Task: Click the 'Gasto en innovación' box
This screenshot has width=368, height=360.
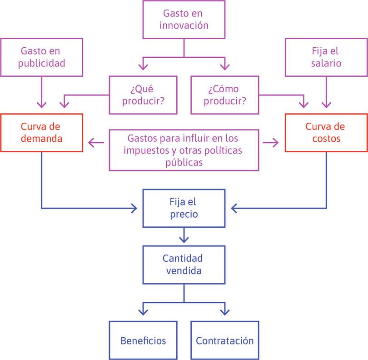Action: coord(184,19)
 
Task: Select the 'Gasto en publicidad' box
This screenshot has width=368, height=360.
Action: coord(41,57)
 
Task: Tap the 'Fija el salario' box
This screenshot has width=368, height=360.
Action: coord(326,57)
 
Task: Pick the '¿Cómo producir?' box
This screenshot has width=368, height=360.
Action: coord(224,95)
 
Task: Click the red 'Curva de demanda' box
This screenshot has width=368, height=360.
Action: coord(41,132)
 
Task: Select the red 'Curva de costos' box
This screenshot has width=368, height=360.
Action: coord(326,132)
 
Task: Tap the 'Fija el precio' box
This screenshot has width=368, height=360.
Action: coord(184,208)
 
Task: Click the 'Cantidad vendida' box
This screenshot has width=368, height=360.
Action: coord(184,265)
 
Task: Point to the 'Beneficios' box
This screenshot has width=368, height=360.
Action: coord(143,340)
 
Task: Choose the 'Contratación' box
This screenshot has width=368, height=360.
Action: coord(224,340)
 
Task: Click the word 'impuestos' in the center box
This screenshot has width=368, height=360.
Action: coord(144,150)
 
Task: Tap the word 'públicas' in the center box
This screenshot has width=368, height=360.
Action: coord(184,162)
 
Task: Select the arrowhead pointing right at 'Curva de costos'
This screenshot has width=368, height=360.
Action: coord(276,143)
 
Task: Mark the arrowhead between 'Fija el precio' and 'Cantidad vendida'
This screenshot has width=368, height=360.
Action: coord(184,239)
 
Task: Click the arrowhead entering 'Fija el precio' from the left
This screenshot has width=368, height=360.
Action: coord(134,208)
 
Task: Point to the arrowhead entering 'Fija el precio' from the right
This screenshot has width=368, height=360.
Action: coord(234,208)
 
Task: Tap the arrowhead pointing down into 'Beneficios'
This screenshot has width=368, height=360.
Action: coord(143,313)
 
